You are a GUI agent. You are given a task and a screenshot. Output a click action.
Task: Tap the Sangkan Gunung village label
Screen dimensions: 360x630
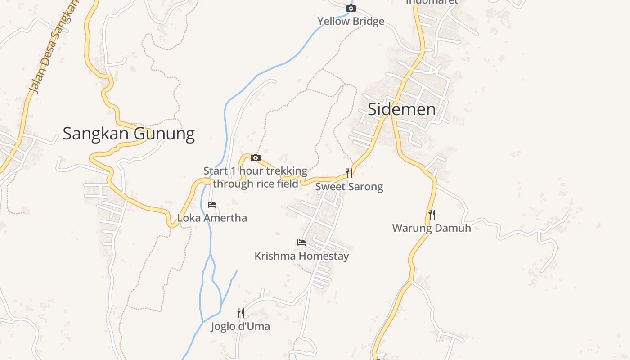(x=128, y=134)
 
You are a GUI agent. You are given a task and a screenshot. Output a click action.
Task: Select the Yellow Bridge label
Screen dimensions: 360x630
(x=351, y=21)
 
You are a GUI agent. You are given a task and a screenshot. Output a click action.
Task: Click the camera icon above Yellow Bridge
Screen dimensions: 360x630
(x=351, y=9)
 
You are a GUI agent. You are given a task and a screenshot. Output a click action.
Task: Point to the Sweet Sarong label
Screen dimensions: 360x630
(x=349, y=187)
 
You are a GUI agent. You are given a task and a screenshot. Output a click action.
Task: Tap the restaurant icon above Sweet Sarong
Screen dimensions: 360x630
(x=349, y=173)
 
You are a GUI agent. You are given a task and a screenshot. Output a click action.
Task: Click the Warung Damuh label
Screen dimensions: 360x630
(x=431, y=228)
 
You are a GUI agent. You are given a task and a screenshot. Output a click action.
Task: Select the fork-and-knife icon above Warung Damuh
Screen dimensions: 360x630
(x=432, y=214)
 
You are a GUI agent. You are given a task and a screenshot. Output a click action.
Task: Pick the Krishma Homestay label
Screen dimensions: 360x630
(x=301, y=256)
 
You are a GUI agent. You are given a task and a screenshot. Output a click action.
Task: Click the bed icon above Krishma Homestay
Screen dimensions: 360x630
(x=301, y=243)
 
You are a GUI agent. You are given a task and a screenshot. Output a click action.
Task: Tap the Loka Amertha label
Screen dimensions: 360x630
(x=212, y=218)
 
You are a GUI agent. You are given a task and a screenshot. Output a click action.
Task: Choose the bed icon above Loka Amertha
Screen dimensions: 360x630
(x=212, y=205)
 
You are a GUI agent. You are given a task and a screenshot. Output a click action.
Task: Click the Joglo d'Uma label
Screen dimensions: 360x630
(x=240, y=326)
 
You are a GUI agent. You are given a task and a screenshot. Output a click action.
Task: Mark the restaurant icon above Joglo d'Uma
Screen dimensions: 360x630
(x=241, y=313)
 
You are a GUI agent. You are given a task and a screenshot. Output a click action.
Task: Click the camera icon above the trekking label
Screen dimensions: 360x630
(x=256, y=157)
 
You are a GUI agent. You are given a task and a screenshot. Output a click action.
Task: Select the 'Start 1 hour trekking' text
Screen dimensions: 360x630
(x=255, y=171)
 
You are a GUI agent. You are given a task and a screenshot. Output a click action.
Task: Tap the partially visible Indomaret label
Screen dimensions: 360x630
(x=432, y=2)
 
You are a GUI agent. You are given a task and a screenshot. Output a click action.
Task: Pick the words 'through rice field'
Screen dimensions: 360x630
(x=256, y=184)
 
